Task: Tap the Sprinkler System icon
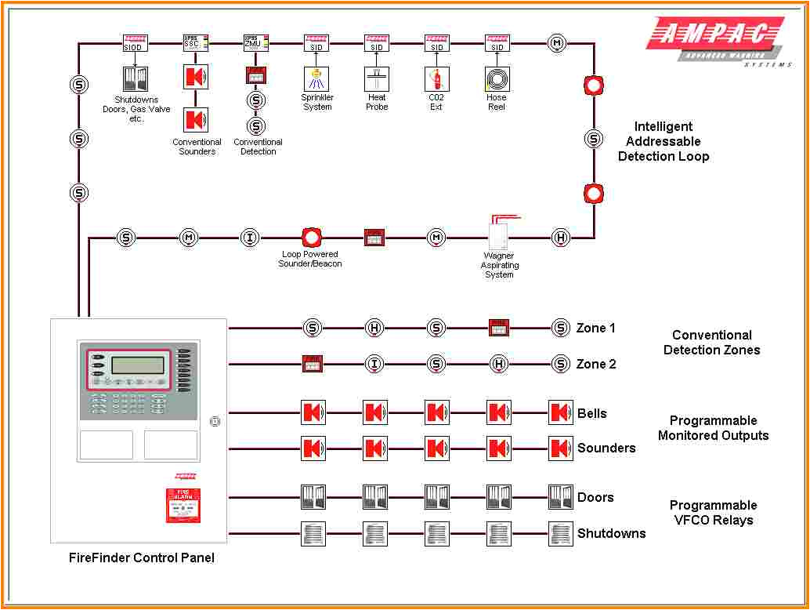pyautogui.click(x=316, y=78)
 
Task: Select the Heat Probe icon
pyautogui.click(x=377, y=78)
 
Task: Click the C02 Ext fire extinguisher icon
pyautogui.click(x=436, y=78)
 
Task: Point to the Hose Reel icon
pyautogui.click(x=497, y=78)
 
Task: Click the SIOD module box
pyautogui.click(x=136, y=43)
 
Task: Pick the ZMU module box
pyautogui.click(x=255, y=43)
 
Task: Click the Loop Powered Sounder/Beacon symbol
pyautogui.click(x=311, y=237)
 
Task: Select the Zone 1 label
pyautogui.click(x=596, y=328)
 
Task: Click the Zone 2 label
pyautogui.click(x=596, y=364)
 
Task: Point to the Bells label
pyautogui.click(x=592, y=413)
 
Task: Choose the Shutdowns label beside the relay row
pyautogui.click(x=612, y=533)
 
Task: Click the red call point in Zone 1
pyautogui.click(x=499, y=328)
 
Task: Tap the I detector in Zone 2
pyautogui.click(x=374, y=364)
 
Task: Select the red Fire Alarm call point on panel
pyautogui.click(x=183, y=506)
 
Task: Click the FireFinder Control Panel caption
pyautogui.click(x=142, y=557)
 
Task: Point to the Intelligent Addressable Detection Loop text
pyautogui.click(x=664, y=141)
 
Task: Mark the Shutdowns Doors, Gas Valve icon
pyautogui.click(x=136, y=78)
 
